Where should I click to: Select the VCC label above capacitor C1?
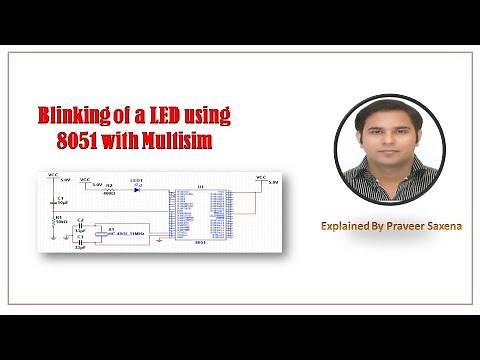51,175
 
